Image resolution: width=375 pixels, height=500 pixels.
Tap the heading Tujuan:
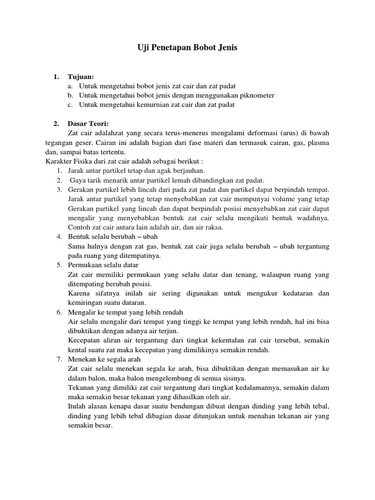click(81, 77)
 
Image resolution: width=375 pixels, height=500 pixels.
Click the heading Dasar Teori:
click(88, 124)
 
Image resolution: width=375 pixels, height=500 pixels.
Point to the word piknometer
click(256, 95)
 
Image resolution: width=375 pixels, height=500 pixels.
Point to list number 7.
click(59, 359)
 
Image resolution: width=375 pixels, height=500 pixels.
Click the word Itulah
click(78, 406)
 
